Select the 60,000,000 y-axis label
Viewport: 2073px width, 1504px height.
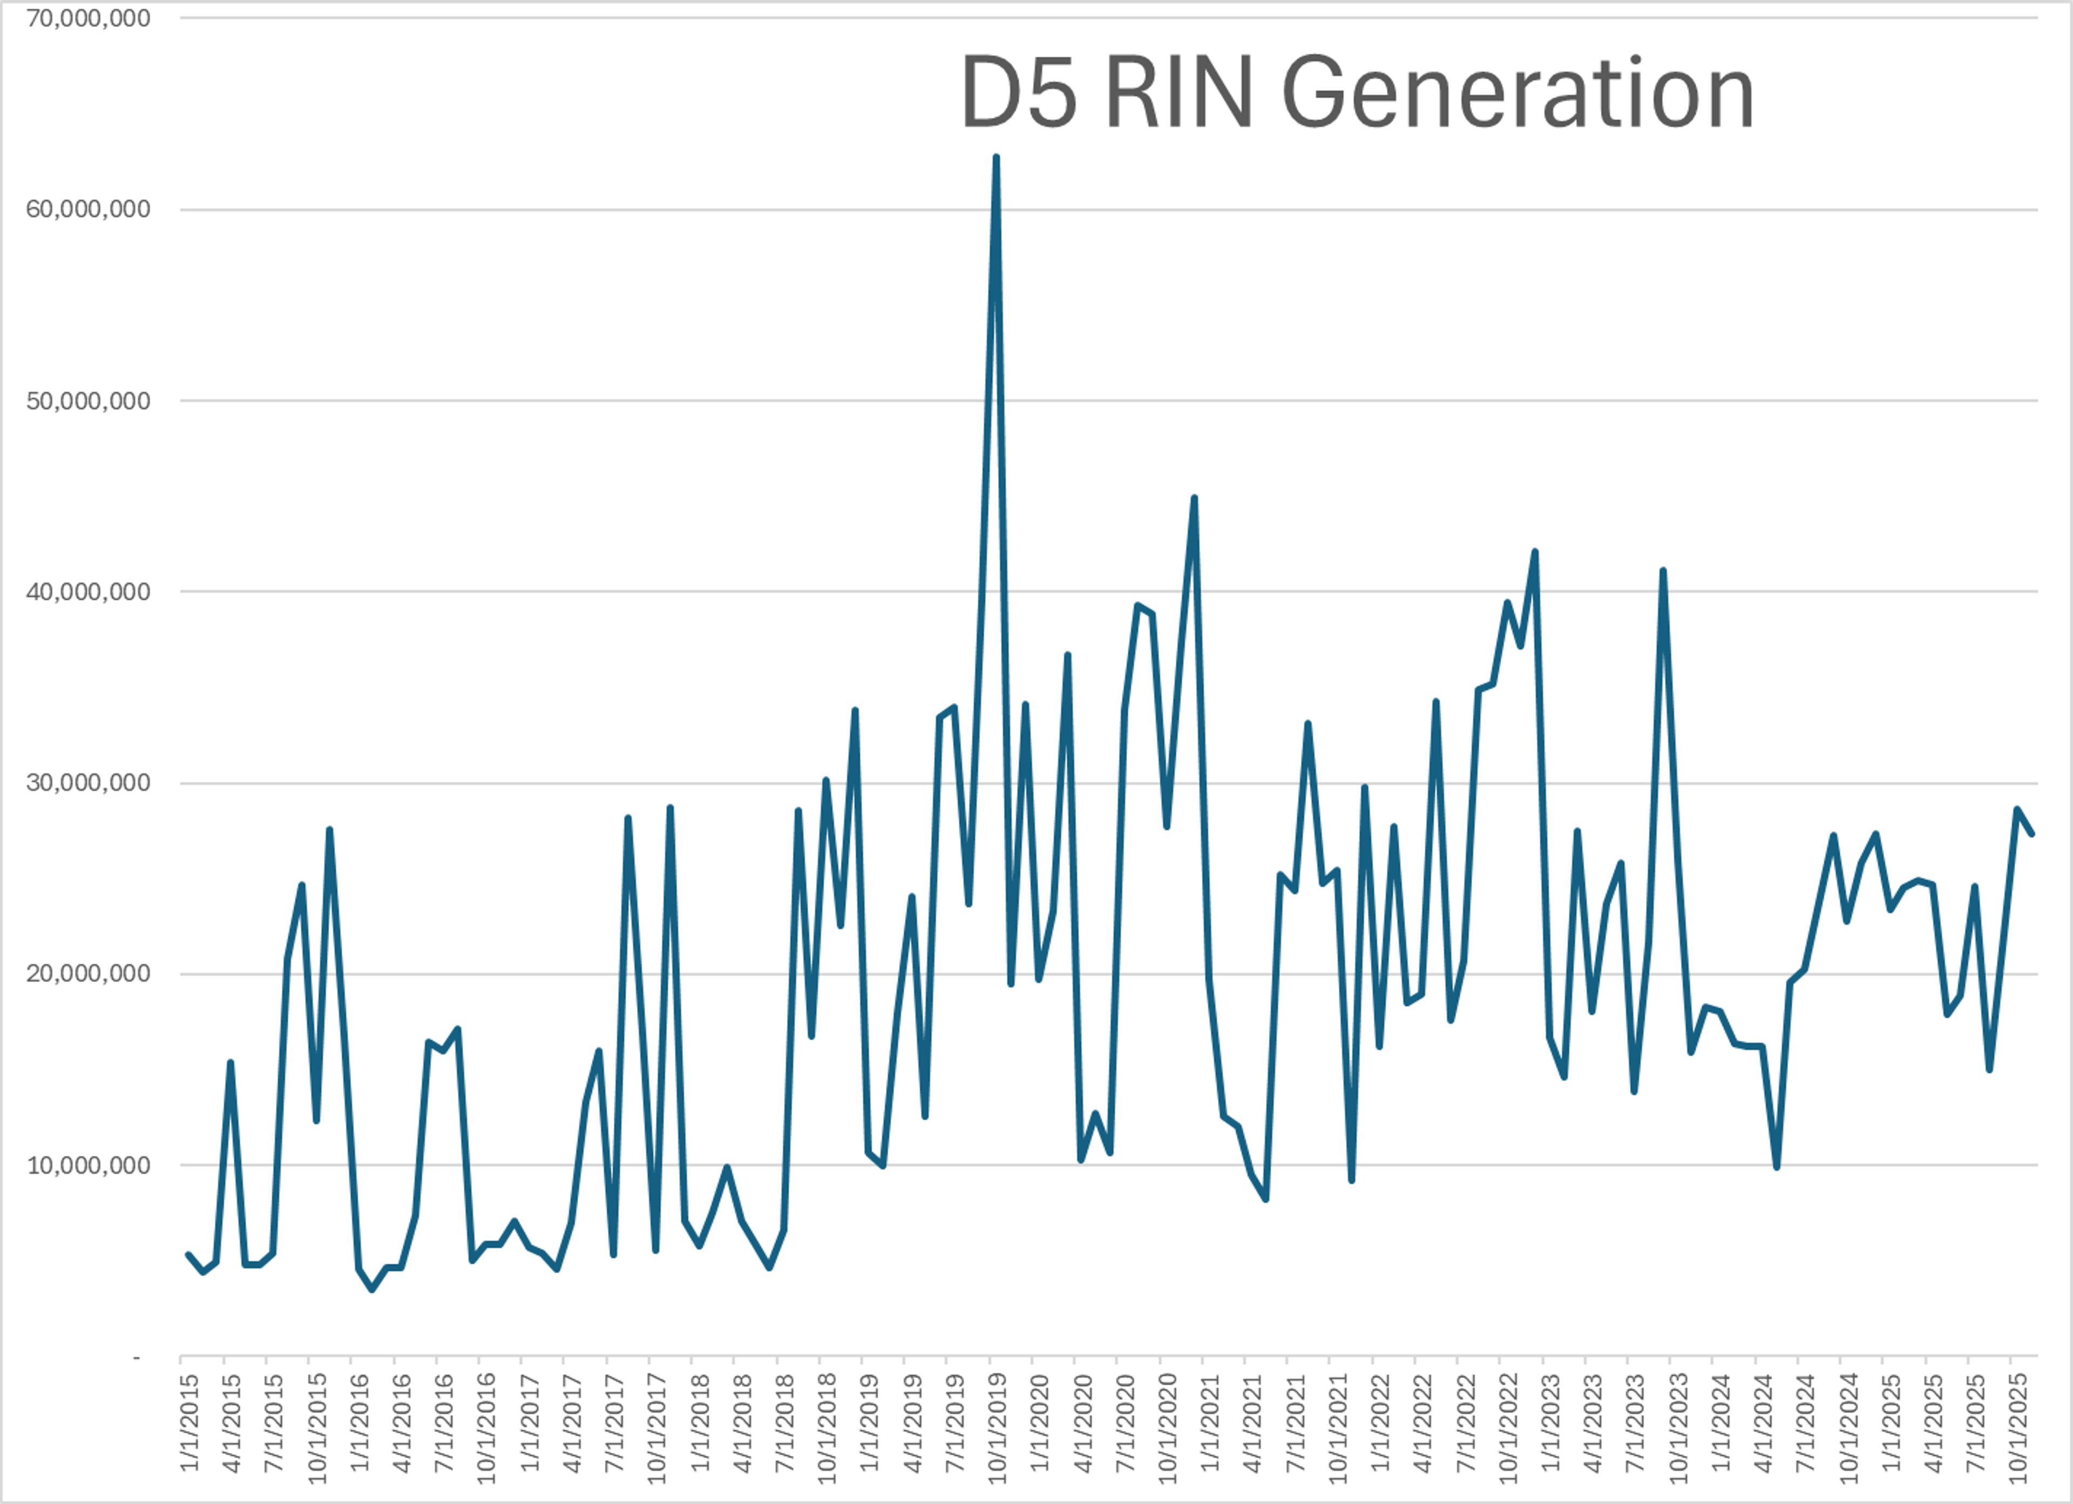pyautogui.click(x=88, y=209)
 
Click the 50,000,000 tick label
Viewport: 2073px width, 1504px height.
pyautogui.click(x=88, y=401)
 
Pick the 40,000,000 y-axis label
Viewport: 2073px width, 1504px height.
pyautogui.click(x=88, y=592)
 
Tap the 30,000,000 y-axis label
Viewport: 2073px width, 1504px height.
pyautogui.click(x=88, y=783)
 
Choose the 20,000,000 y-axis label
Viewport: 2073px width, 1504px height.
pyautogui.click(x=88, y=974)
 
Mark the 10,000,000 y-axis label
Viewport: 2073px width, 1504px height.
pyautogui.click(x=88, y=1165)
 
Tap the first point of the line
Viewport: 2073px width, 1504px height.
pyautogui.click(x=187, y=1255)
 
